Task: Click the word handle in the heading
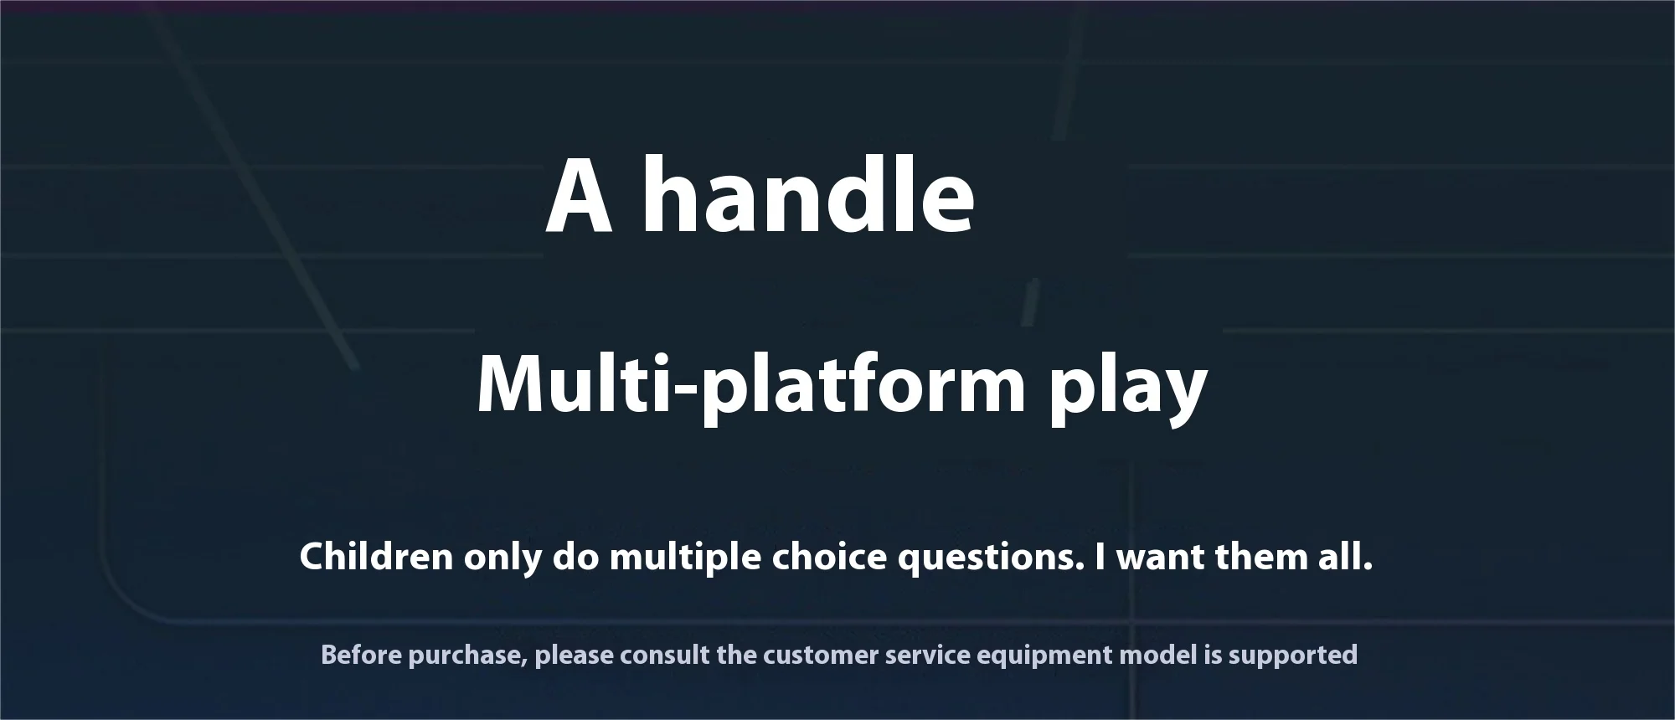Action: [808, 195]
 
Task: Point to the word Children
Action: [377, 557]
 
